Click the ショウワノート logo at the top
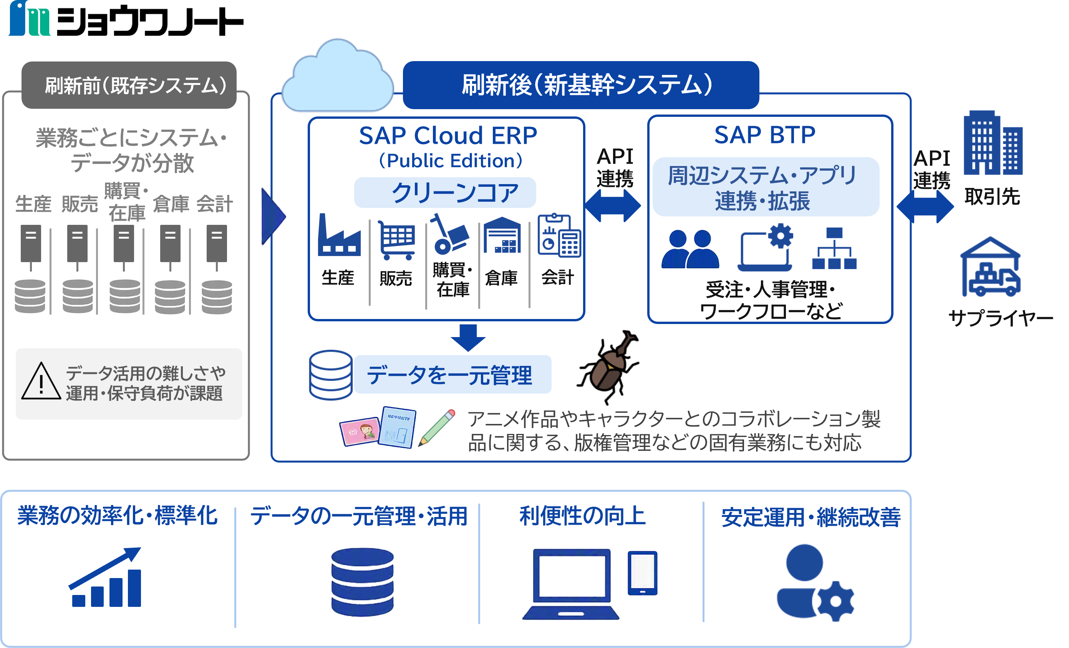point(126,18)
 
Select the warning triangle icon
point(41,381)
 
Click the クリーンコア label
point(455,193)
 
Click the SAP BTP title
point(765,135)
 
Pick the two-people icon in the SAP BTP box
point(690,249)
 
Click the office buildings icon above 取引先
point(993,142)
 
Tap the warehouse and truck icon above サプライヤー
point(991,267)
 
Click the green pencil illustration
point(437,427)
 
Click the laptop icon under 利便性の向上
point(570,584)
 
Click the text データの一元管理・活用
point(359,516)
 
